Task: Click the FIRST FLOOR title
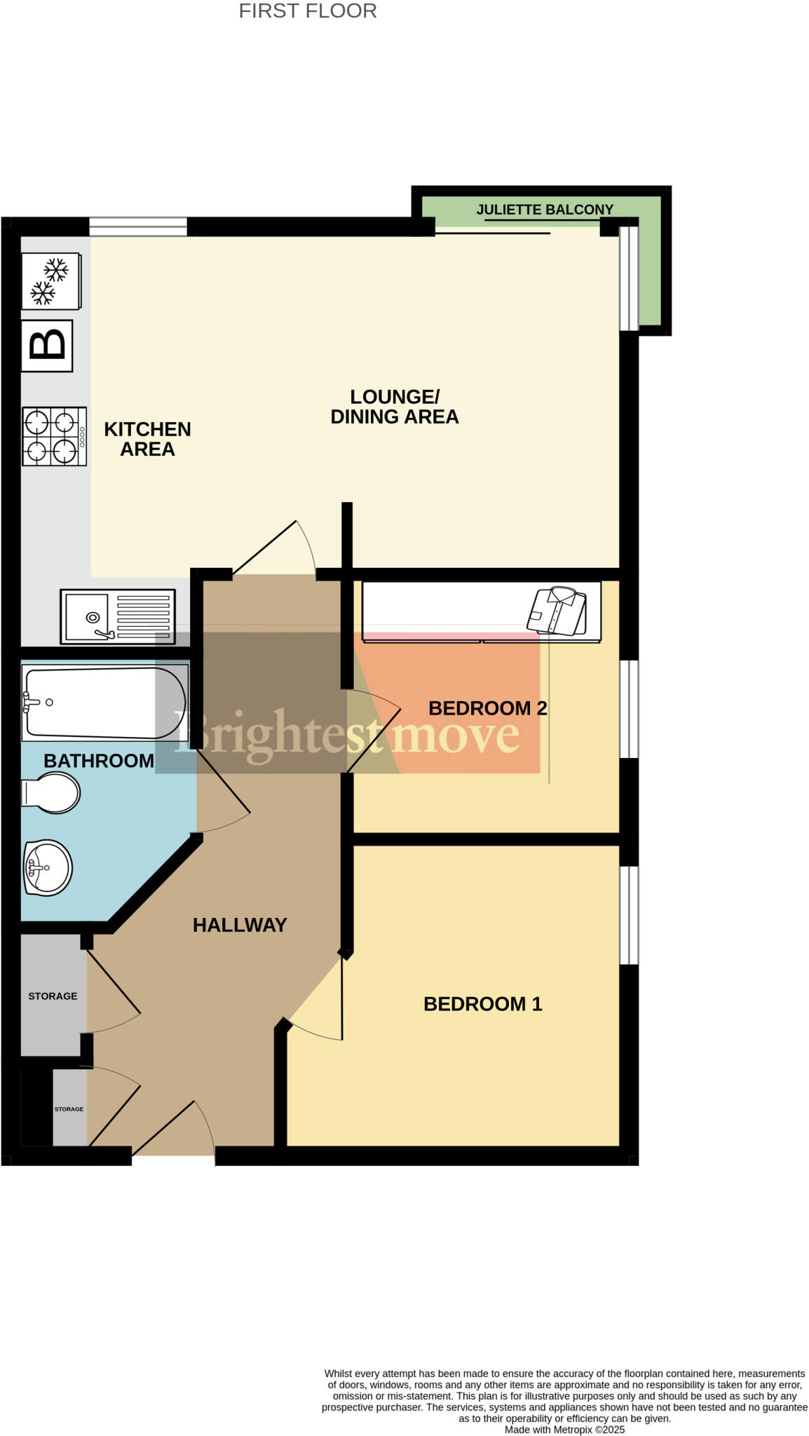307,11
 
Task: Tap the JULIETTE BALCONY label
544,210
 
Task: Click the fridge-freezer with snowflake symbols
50,280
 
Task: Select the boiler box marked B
47,346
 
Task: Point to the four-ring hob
54,436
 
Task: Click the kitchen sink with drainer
118,616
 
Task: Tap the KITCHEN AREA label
147,439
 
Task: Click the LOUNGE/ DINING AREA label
394,407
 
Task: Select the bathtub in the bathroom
104,703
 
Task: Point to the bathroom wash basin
48,867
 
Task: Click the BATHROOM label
98,761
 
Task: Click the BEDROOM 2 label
487,708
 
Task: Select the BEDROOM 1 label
482,1004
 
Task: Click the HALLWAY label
240,925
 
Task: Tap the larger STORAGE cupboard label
53,996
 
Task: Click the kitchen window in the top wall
138,226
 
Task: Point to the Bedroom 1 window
629,915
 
